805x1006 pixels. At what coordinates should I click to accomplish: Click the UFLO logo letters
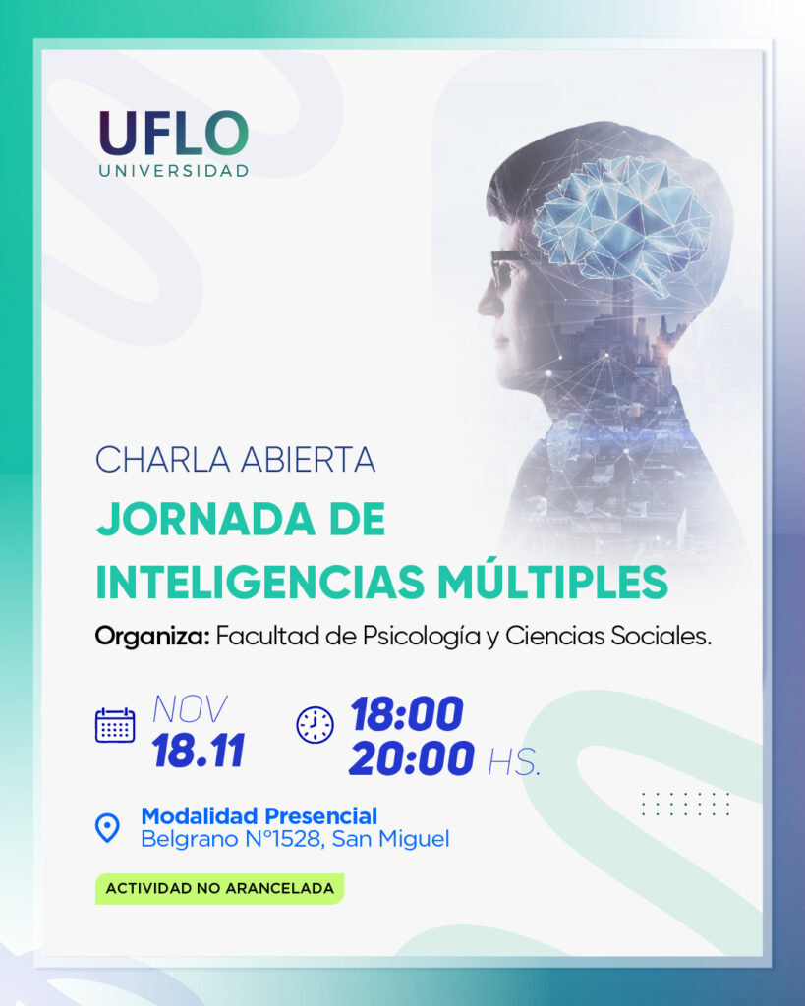173,133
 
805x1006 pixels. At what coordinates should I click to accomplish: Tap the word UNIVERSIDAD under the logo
174,171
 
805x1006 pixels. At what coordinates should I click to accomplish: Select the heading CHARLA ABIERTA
235,460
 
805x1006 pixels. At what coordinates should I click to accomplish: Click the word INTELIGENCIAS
260,582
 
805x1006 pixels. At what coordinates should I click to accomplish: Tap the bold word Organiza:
152,637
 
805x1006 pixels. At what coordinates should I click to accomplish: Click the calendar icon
115,726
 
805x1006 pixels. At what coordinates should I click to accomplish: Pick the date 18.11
199,751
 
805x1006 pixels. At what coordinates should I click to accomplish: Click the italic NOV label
190,709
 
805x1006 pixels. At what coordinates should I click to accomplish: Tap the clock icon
315,726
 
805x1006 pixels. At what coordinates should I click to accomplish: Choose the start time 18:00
407,713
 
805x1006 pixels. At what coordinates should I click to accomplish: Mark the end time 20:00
412,758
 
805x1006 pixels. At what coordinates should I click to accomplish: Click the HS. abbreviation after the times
514,762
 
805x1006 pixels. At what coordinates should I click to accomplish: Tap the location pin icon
107,827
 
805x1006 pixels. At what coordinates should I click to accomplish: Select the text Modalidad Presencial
259,816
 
